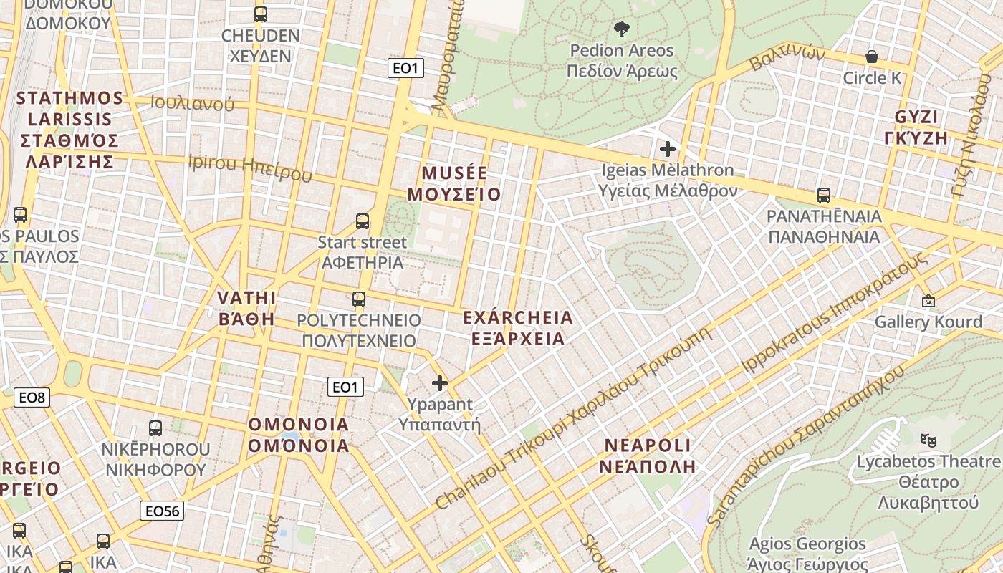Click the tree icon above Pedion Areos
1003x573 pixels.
click(x=621, y=29)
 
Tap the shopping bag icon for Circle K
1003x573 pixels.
click(x=872, y=56)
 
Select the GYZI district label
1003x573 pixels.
click(x=921, y=127)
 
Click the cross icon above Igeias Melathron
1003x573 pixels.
click(x=668, y=149)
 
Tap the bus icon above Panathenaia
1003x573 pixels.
click(x=824, y=195)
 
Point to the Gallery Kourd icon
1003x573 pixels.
click(x=928, y=301)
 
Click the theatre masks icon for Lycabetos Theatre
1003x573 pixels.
click(x=928, y=439)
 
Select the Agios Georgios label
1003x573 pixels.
click(x=807, y=554)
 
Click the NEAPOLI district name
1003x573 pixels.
click(x=649, y=456)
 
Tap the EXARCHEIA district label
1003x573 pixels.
click(x=518, y=327)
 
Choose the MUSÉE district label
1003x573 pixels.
click(x=454, y=183)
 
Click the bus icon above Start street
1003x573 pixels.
click(x=363, y=221)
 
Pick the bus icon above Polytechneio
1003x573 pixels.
click(x=359, y=299)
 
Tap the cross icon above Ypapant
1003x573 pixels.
click(x=440, y=383)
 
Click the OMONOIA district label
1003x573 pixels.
click(x=299, y=435)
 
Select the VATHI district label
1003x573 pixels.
click(x=246, y=308)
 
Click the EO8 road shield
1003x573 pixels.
click(x=32, y=398)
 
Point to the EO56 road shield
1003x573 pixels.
click(x=161, y=511)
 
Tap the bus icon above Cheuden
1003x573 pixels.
click(x=261, y=14)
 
